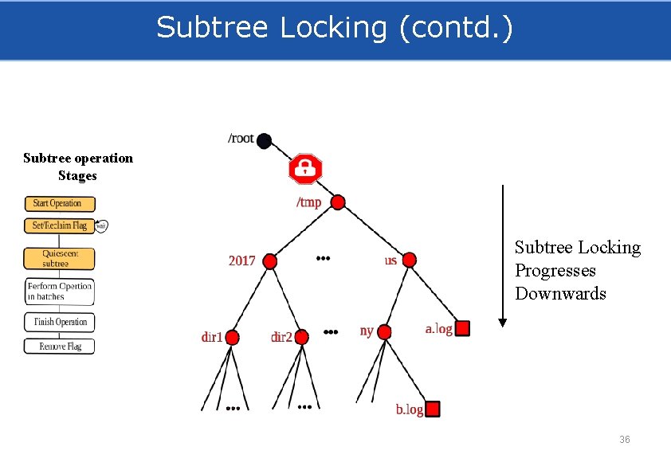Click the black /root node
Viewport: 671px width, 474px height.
(265, 141)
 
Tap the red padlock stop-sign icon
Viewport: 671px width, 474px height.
(304, 169)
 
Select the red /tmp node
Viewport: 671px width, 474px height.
(338, 202)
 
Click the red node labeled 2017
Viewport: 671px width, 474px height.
(270, 261)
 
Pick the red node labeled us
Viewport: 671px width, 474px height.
(409, 260)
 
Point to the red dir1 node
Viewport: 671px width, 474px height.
(233, 337)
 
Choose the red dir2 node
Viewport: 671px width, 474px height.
(302, 337)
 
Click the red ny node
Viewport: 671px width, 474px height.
(385, 331)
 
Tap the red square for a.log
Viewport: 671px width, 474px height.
(462, 328)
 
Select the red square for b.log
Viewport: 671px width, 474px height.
(433, 409)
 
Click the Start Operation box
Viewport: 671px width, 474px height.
(59, 204)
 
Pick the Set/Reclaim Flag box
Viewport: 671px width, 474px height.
(59, 225)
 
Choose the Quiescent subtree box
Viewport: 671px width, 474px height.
(59, 259)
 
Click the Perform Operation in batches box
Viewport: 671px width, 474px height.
(59, 292)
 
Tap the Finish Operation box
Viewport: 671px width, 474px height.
(59, 322)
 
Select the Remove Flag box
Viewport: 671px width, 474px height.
(59, 347)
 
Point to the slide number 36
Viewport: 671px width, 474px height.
(625, 440)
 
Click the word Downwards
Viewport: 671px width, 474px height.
(560, 294)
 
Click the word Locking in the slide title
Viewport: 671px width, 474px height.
(334, 28)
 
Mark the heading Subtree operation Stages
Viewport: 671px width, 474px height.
(78, 166)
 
